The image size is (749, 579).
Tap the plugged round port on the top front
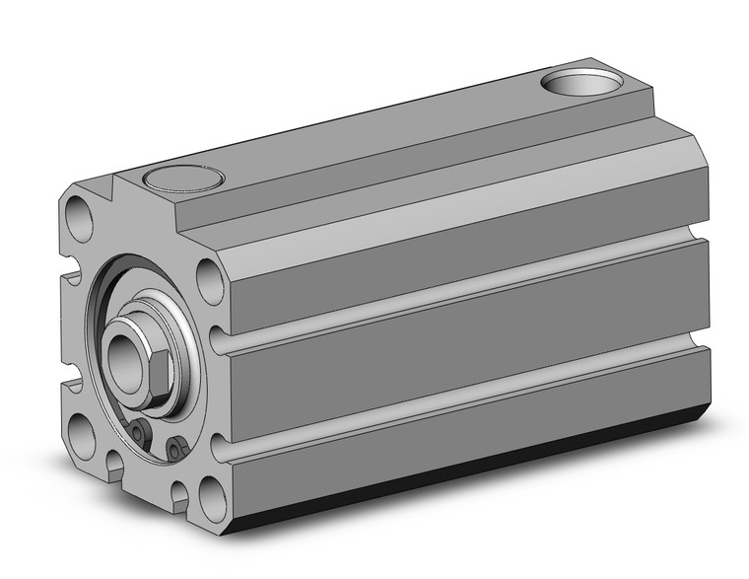183,181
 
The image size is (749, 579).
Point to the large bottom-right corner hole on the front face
211,492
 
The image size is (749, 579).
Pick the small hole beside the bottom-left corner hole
112,458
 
